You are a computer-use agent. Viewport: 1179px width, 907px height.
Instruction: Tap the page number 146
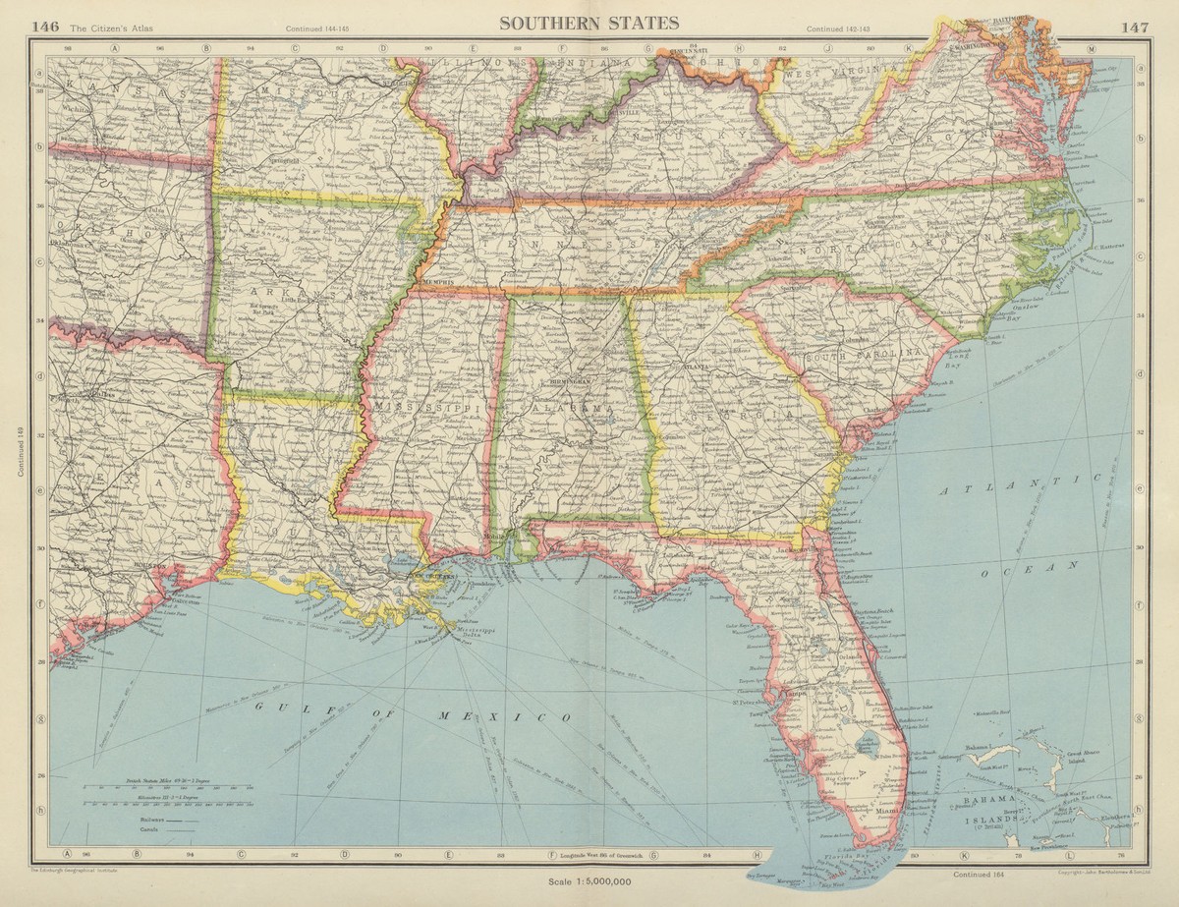pyautogui.click(x=45, y=26)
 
